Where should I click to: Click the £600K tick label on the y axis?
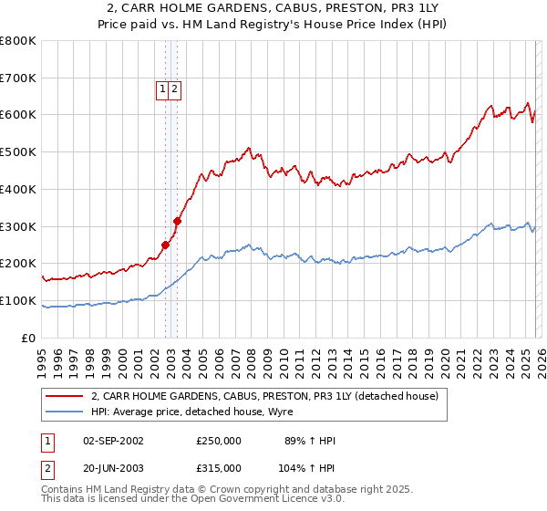tap(18, 115)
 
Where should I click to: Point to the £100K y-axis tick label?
tap(18, 300)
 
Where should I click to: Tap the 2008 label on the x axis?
tap(251, 357)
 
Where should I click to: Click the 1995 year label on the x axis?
tap(42, 357)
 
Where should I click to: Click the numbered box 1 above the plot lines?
tap(162, 89)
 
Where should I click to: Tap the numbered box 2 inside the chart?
tap(174, 89)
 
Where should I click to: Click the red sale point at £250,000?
tap(165, 245)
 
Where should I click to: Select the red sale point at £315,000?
tap(178, 220)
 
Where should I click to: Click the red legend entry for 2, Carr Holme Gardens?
tap(264, 396)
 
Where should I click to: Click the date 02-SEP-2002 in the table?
tap(113, 441)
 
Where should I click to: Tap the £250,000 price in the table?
tap(219, 441)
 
